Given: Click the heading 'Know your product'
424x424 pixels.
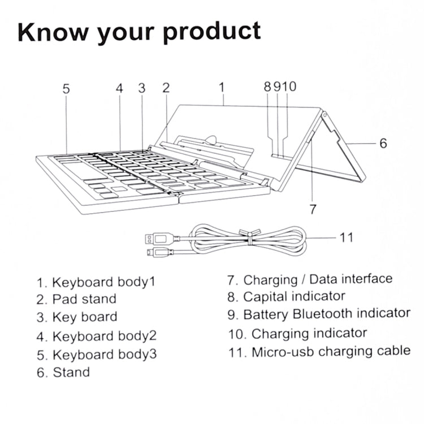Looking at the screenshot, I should point(140,33).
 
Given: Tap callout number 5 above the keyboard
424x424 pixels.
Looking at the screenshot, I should point(66,89).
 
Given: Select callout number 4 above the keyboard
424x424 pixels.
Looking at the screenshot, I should point(119,89).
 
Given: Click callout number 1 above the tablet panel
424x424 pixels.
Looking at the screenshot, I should point(222,87).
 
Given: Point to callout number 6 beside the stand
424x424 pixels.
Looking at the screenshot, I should point(383,144).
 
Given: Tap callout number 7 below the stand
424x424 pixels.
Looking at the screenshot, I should point(313,209).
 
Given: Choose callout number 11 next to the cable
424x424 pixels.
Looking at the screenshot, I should point(347,237).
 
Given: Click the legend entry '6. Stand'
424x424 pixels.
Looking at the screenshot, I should point(63,372).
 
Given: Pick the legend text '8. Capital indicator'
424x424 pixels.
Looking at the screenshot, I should point(285,296).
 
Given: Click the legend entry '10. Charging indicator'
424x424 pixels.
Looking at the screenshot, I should point(297,334).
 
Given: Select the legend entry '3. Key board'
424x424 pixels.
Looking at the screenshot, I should point(77,317).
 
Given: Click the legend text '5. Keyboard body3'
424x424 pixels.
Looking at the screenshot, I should point(97,355).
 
